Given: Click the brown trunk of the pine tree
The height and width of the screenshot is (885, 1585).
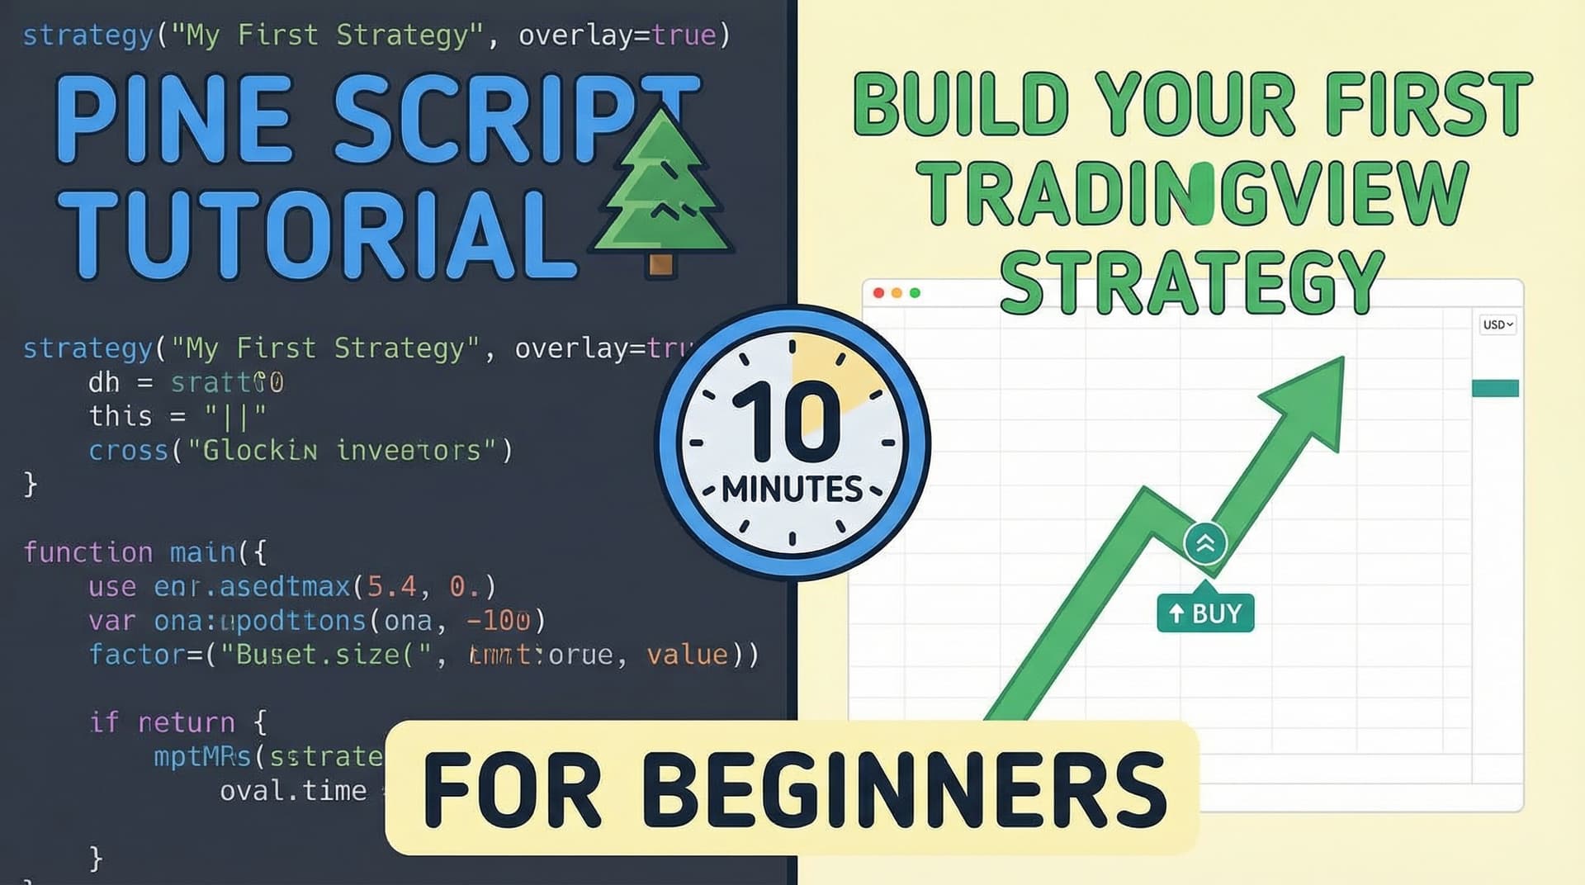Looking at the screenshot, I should [x=660, y=263].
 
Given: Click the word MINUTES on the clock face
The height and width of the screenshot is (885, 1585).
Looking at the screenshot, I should [x=792, y=490].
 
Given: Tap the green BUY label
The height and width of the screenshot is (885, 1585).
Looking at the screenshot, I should [x=1205, y=613].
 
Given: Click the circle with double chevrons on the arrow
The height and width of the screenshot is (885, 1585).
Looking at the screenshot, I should [x=1205, y=543].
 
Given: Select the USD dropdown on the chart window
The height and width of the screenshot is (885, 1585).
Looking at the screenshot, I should [x=1497, y=324].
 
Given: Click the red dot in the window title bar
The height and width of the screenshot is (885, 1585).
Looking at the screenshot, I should [x=878, y=293].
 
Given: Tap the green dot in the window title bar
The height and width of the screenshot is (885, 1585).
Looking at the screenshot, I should [x=915, y=293].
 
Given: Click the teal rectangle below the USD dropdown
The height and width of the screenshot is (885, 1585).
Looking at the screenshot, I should [x=1495, y=388].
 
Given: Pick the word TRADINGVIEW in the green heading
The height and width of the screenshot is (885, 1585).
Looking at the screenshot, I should [x=1192, y=193].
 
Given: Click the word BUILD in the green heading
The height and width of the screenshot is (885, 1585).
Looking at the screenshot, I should [x=961, y=106].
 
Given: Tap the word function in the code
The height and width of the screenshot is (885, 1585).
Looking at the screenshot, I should [x=88, y=551].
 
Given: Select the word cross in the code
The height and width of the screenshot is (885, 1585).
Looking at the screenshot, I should [x=128, y=451].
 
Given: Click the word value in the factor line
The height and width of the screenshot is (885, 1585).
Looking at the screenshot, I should [x=687, y=655].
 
